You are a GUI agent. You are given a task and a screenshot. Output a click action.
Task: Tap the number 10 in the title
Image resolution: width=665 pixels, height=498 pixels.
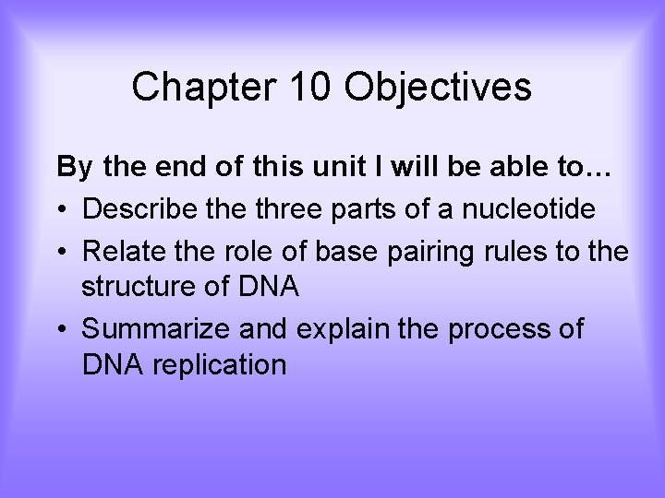click(x=308, y=88)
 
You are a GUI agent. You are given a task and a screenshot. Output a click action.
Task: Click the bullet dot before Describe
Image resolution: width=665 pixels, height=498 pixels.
click(x=63, y=210)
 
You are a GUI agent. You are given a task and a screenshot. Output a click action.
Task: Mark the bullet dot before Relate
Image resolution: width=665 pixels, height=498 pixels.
click(x=63, y=251)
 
